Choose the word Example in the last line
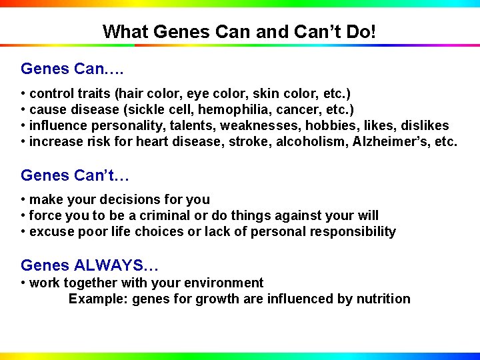[98, 299]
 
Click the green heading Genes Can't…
[75, 175]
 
